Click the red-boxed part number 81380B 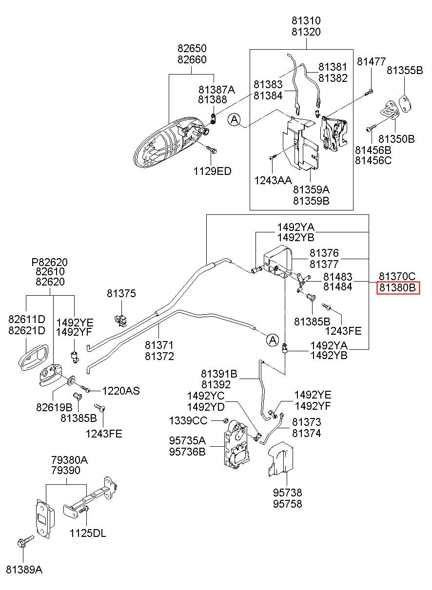(397, 287)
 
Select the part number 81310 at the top (306, 20)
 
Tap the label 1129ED (212, 171)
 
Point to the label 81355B (405, 70)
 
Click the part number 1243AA (273, 180)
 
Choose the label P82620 (50, 262)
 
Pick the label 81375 (121, 293)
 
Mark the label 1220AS (121, 391)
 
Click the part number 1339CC (188, 421)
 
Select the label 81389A (24, 570)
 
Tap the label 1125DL (88, 533)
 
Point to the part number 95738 (287, 493)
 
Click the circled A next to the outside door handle (234, 120)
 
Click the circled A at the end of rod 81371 (273, 340)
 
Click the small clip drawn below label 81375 (121, 320)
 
